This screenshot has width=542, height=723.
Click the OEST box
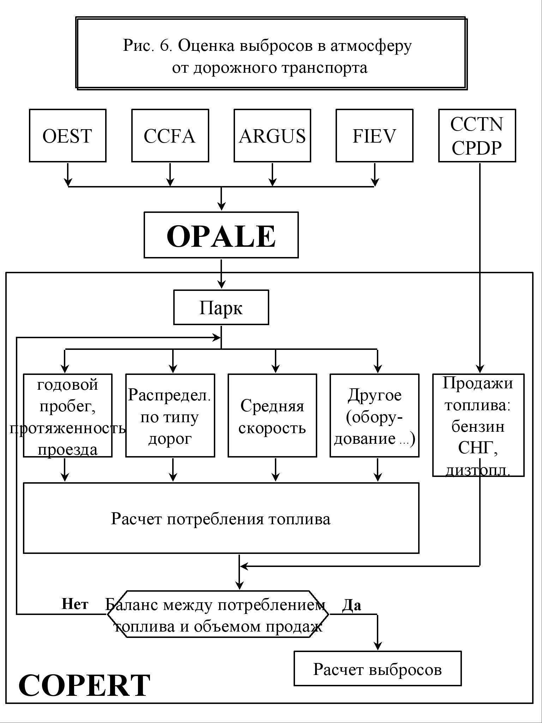(x=68, y=136)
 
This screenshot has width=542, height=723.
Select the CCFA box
(x=170, y=136)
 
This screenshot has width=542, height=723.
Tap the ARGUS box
(x=272, y=136)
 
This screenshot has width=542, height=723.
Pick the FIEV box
(x=374, y=136)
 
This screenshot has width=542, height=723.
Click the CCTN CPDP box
(x=477, y=136)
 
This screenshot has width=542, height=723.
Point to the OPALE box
(x=221, y=235)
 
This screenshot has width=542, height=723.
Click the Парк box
(x=221, y=307)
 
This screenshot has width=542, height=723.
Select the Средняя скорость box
(x=272, y=416)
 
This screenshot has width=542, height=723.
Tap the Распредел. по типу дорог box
(x=170, y=416)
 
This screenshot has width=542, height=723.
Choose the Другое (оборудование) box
(x=375, y=416)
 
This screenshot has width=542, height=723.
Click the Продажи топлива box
(x=478, y=425)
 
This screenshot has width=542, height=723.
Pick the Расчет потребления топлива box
(x=221, y=518)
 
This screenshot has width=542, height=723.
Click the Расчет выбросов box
(x=378, y=669)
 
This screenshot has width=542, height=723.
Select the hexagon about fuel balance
(x=218, y=614)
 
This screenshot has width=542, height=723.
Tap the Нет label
(x=75, y=604)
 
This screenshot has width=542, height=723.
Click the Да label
(x=351, y=605)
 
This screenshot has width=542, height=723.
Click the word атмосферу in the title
(x=371, y=46)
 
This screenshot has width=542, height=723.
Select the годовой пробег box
(x=68, y=416)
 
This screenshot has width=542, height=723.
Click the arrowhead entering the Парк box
(x=221, y=285)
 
